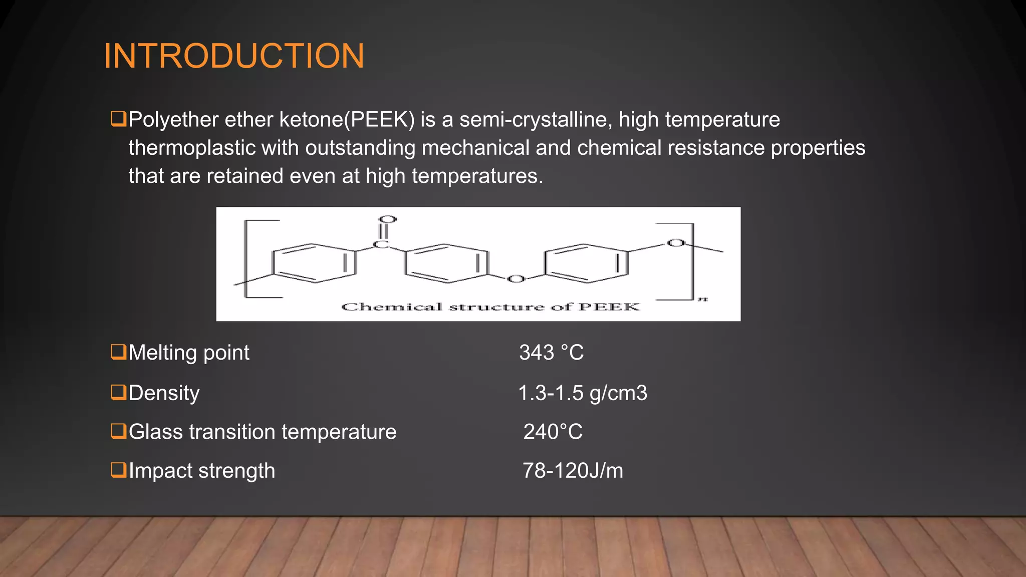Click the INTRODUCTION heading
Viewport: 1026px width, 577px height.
tap(234, 56)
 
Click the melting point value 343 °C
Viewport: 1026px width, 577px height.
tap(551, 353)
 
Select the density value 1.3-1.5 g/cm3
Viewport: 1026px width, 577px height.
tap(582, 393)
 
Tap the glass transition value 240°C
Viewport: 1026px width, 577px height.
tap(553, 432)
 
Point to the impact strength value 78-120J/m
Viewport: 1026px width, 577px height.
tap(573, 471)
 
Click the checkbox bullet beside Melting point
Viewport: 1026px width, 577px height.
tap(118, 352)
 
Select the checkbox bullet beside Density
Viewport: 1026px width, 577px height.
tap(118, 392)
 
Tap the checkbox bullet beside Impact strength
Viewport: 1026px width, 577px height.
tap(118, 470)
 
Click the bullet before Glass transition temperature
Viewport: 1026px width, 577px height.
tap(118, 431)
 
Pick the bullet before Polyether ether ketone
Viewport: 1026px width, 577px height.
tap(118, 119)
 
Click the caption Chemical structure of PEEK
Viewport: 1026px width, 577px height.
tap(490, 307)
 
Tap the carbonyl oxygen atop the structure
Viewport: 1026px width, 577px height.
tap(387, 219)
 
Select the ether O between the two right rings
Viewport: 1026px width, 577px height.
tap(516, 278)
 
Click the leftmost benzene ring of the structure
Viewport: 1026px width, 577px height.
tap(314, 263)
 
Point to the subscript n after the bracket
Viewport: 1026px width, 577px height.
tap(703, 299)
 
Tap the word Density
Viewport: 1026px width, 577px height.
tap(164, 393)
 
